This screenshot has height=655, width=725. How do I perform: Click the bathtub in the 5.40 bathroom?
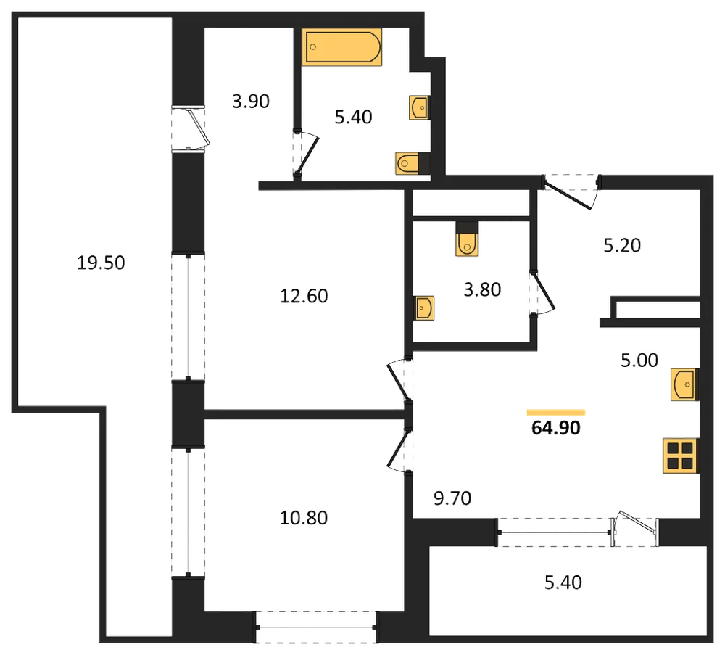(x=341, y=46)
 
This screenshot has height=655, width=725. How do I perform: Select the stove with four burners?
(x=681, y=456)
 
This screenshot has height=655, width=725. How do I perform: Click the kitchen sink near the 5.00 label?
(x=685, y=384)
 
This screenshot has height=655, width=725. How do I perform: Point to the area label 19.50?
(x=101, y=263)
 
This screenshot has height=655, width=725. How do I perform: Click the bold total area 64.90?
(x=556, y=427)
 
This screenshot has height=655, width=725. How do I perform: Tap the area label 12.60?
(x=304, y=296)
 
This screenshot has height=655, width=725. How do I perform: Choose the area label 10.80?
(x=304, y=518)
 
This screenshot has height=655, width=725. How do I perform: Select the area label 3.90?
(x=251, y=102)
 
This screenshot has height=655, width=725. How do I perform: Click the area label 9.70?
(x=452, y=498)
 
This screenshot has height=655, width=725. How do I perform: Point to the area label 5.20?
(x=622, y=245)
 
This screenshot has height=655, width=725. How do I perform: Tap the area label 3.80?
(x=482, y=289)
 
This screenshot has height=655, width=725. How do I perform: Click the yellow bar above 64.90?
(x=556, y=412)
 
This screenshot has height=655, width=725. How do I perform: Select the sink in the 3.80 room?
(x=424, y=308)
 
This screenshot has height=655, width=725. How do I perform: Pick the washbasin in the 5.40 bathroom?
(x=419, y=108)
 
